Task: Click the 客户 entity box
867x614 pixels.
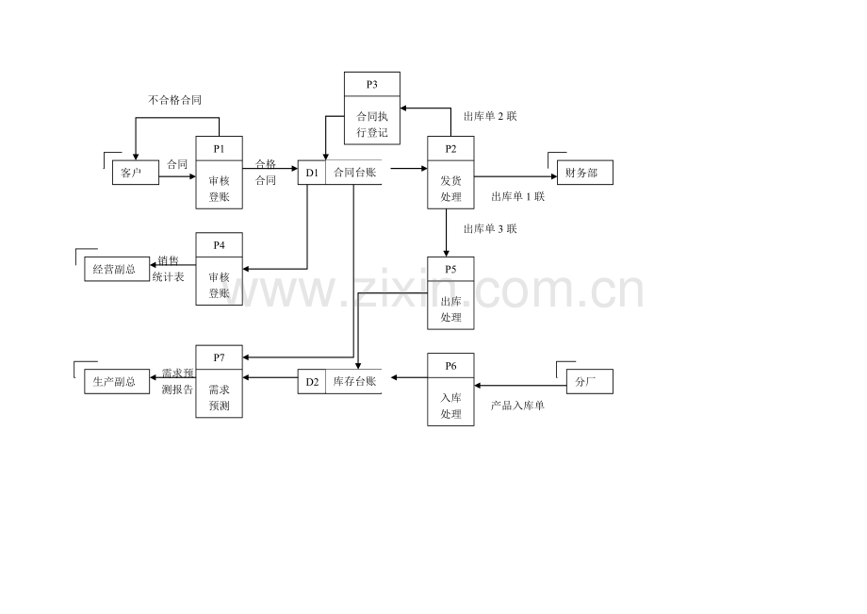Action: [136, 173]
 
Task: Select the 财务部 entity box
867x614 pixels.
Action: [585, 173]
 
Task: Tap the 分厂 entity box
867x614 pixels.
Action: [589, 382]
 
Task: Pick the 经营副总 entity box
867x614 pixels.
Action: [117, 270]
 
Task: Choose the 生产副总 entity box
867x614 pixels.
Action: [117, 382]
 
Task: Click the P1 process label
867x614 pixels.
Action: [219, 149]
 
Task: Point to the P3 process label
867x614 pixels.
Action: [371, 85]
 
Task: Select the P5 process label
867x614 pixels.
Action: [450, 270]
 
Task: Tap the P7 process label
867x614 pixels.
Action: [219, 357]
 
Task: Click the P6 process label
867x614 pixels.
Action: [450, 366]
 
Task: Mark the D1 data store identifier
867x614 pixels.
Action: [312, 173]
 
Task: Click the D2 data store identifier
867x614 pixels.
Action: [312, 382]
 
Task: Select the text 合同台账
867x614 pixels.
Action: [354, 173]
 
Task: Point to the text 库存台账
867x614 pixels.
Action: [354, 381]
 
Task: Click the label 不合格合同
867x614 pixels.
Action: [174, 100]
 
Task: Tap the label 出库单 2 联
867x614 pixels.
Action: [490, 116]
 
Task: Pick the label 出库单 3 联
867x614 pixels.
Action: [490, 229]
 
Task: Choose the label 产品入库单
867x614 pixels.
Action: [517, 406]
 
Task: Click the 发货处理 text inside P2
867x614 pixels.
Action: [450, 189]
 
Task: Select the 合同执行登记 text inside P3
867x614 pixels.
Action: [372, 124]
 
